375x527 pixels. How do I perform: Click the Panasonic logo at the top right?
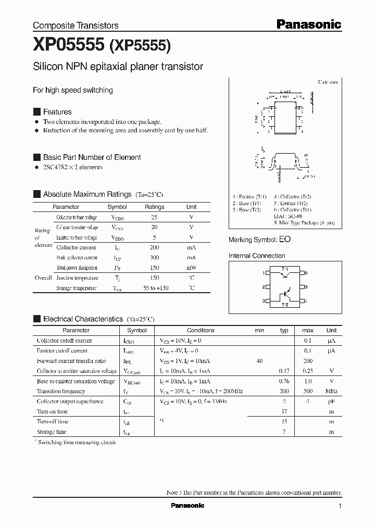(x=308, y=24)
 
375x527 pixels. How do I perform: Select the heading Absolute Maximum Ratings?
(x=87, y=194)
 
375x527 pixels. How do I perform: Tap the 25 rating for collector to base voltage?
(x=154, y=217)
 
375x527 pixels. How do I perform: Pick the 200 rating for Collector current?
(x=154, y=247)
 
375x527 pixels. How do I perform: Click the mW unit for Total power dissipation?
(x=191, y=268)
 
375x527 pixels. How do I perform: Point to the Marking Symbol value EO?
(x=285, y=240)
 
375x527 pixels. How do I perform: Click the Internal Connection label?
(x=257, y=256)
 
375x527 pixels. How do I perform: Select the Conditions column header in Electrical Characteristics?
(x=201, y=330)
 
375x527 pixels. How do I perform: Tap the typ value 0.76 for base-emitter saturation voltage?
(x=284, y=381)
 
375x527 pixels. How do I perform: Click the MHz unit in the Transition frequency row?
(x=331, y=391)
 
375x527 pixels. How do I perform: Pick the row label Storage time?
(x=52, y=432)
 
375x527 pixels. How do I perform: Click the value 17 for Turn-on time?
(x=284, y=411)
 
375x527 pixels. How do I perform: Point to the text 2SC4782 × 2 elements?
(x=73, y=167)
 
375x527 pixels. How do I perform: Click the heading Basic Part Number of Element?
(x=92, y=157)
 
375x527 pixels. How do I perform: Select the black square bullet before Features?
(x=36, y=112)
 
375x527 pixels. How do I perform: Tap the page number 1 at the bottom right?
(x=340, y=506)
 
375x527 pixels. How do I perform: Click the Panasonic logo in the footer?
(x=187, y=506)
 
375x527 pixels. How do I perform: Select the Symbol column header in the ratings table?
(x=117, y=207)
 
